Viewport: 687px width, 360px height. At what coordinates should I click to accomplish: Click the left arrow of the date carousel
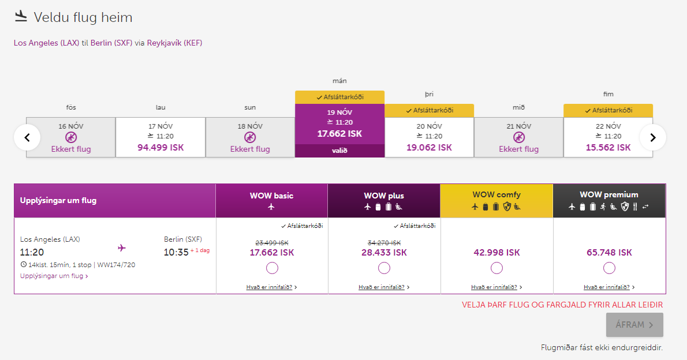click(x=27, y=137)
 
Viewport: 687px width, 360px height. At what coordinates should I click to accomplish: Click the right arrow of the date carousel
click(x=653, y=137)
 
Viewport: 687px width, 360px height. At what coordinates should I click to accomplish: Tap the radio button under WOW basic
click(x=272, y=268)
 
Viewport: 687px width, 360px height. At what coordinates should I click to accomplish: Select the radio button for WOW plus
click(x=384, y=268)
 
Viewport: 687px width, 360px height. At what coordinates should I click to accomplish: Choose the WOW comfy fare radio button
click(x=496, y=268)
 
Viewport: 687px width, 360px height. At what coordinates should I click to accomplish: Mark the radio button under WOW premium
click(x=609, y=268)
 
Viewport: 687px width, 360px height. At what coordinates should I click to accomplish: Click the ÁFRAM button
click(x=634, y=325)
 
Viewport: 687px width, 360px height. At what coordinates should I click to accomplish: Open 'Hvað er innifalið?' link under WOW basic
click(x=269, y=287)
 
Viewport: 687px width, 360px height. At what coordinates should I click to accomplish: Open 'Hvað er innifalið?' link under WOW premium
click(x=607, y=287)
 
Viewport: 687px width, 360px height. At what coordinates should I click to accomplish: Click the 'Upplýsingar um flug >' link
click(x=54, y=276)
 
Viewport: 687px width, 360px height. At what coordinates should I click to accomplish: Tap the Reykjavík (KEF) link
click(x=174, y=43)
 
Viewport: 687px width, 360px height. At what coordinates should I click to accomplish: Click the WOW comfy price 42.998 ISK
click(x=496, y=253)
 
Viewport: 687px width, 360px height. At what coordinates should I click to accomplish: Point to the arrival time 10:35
click(x=176, y=252)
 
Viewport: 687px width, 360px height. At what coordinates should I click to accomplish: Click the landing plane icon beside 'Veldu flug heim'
click(x=21, y=17)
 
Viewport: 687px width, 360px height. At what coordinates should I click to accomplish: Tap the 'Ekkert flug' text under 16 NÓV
click(x=71, y=149)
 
